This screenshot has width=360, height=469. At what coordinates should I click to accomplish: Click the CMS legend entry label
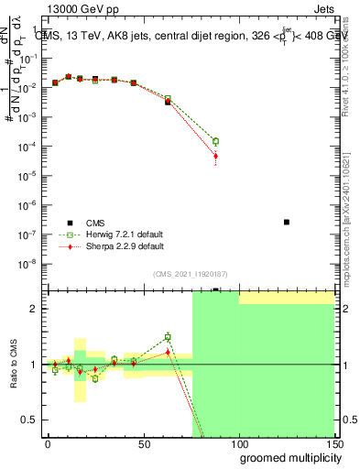[x=95, y=222]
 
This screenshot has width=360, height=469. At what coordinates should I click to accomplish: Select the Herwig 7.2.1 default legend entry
[x=125, y=234]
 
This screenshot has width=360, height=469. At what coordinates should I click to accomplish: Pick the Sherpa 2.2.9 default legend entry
[x=124, y=246]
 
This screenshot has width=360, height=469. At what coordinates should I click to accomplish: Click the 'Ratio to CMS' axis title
[x=13, y=365]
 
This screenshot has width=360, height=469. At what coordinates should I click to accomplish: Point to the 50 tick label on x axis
[x=143, y=443]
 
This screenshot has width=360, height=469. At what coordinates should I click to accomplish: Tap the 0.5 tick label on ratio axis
[x=30, y=420]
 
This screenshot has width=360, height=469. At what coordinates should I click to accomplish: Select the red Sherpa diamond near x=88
[x=215, y=156]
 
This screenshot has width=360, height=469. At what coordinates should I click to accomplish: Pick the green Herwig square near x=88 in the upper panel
[x=215, y=141]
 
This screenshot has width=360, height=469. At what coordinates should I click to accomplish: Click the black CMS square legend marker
[x=67, y=222]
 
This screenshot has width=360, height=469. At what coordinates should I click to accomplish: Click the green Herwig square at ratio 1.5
[x=168, y=337]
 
